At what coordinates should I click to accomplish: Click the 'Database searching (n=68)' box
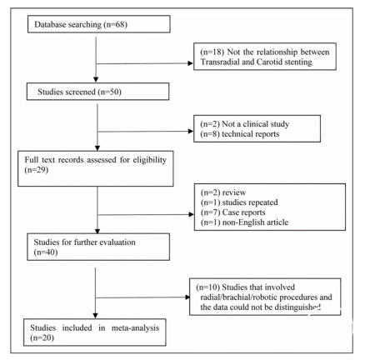pyautogui.click(x=99, y=24)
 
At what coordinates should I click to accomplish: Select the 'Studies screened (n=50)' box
pyautogui.click(x=97, y=92)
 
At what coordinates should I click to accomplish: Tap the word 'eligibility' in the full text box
pyautogui.click(x=150, y=160)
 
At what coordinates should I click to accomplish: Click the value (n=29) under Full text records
pyautogui.click(x=37, y=170)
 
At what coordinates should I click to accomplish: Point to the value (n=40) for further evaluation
pyautogui.click(x=46, y=252)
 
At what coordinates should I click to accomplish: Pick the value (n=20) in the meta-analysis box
pyautogui.click(x=42, y=337)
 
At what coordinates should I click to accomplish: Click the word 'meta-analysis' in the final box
pyautogui.click(x=135, y=328)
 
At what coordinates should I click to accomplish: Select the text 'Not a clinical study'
pyautogui.click(x=256, y=124)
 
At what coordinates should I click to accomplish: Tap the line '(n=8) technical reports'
pyautogui.click(x=240, y=134)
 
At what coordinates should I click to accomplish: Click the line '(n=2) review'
pyautogui.click(x=223, y=192)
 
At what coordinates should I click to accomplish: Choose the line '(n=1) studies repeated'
pyautogui.click(x=239, y=202)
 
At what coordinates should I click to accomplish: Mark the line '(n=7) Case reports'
pyautogui.click(x=232, y=212)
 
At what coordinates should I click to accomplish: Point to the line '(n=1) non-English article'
pyautogui.click(x=244, y=222)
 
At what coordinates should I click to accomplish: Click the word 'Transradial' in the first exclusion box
pyautogui.click(x=220, y=62)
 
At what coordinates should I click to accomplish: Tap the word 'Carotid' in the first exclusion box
pyautogui.click(x=268, y=62)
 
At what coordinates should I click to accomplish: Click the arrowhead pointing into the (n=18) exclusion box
pyautogui.click(x=191, y=63)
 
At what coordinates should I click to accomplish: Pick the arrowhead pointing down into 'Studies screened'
pyautogui.click(x=96, y=79)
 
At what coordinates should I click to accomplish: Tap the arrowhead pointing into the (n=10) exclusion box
pyautogui.click(x=187, y=297)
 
